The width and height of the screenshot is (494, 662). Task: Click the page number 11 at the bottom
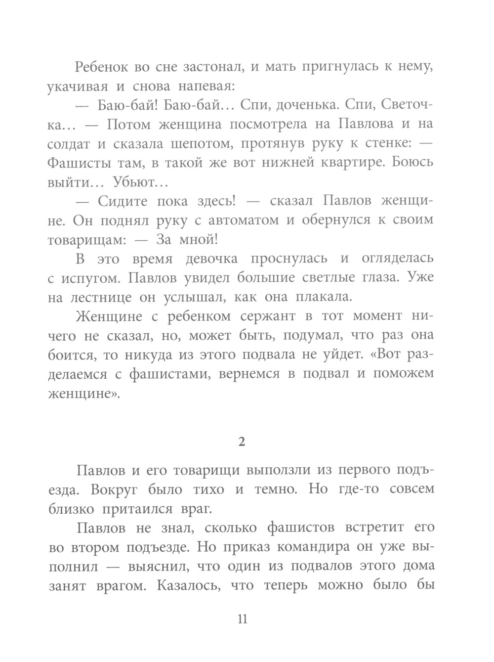point(242,619)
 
